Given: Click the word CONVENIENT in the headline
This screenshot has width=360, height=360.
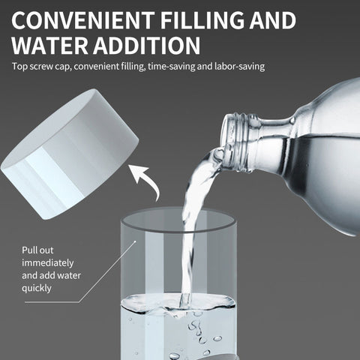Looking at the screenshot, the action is click(83, 19).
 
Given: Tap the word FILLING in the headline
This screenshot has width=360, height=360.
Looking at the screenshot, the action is click(202, 19).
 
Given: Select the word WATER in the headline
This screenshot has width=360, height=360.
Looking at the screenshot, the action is click(49, 46).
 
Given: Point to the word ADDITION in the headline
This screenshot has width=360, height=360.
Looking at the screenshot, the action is click(147, 46).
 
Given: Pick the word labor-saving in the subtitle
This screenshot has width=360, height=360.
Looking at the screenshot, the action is click(240, 67).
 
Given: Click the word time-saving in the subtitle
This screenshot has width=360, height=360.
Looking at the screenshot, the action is click(172, 67).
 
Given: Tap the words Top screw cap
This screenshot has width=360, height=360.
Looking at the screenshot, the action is click(40, 67).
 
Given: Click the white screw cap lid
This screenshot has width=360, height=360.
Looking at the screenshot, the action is click(70, 154).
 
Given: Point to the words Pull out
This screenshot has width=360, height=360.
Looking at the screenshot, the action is click(37, 250).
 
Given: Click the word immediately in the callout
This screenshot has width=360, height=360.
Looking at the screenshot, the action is click(48, 263).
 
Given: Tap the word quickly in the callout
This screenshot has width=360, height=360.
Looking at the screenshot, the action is click(37, 288).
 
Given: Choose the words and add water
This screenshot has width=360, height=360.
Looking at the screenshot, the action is click(51, 275).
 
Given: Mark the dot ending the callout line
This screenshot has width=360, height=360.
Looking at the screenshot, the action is click(135, 241).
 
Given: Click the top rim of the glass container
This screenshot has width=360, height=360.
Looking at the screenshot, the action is click(178, 220).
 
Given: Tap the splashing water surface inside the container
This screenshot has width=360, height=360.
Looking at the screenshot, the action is click(178, 303).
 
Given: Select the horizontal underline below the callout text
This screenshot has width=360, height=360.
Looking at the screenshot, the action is click(52, 302).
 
